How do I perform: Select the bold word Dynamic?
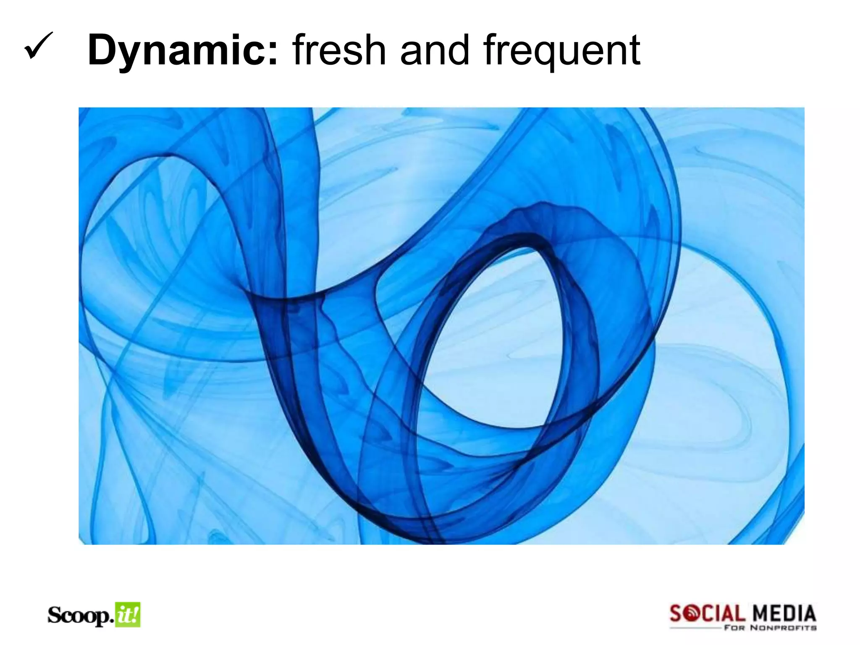click(177, 51)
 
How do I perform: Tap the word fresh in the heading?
click(339, 50)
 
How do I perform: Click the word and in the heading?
click(435, 50)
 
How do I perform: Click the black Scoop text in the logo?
click(79, 616)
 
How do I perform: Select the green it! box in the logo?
click(128, 615)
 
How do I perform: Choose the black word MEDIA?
click(784, 614)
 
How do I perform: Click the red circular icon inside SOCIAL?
click(692, 614)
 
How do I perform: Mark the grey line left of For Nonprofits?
click(695, 628)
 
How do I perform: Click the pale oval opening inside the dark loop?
click(496, 336)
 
